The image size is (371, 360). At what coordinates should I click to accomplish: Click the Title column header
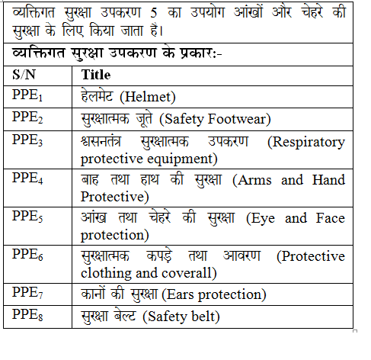[x=95, y=75]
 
